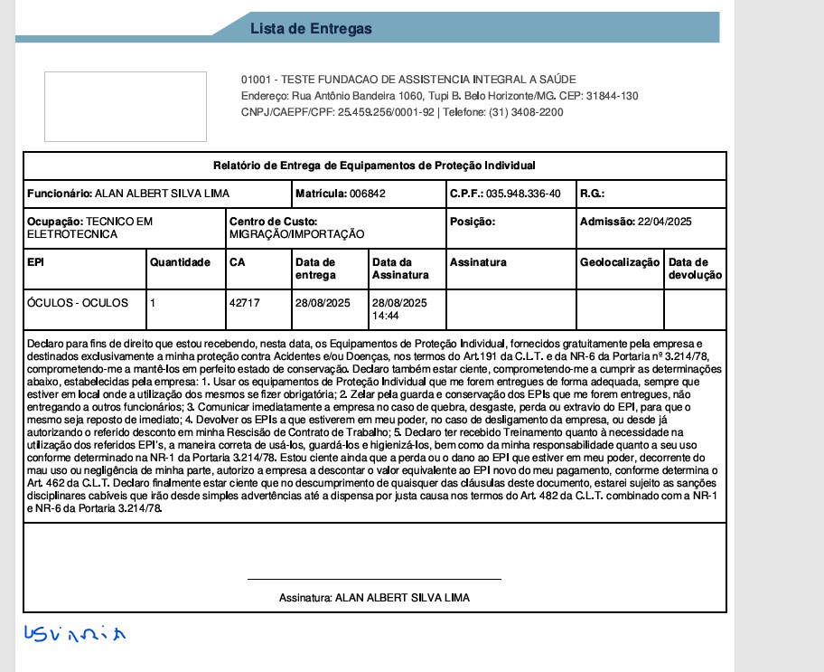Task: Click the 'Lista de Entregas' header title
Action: click(x=311, y=29)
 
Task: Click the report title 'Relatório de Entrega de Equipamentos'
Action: click(x=374, y=166)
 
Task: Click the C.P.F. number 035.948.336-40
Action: click(x=523, y=194)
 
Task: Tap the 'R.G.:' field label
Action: click(x=592, y=194)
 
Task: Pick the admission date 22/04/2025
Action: click(x=664, y=222)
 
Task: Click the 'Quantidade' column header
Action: click(x=180, y=262)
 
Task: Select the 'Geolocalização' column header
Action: click(x=620, y=262)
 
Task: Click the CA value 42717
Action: click(x=245, y=303)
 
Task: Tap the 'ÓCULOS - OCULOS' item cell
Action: click(x=78, y=303)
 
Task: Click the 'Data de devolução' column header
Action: click(x=695, y=269)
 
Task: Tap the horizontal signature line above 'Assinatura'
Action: click(x=374, y=579)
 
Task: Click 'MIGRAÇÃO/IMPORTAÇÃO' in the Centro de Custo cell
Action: click(x=297, y=234)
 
